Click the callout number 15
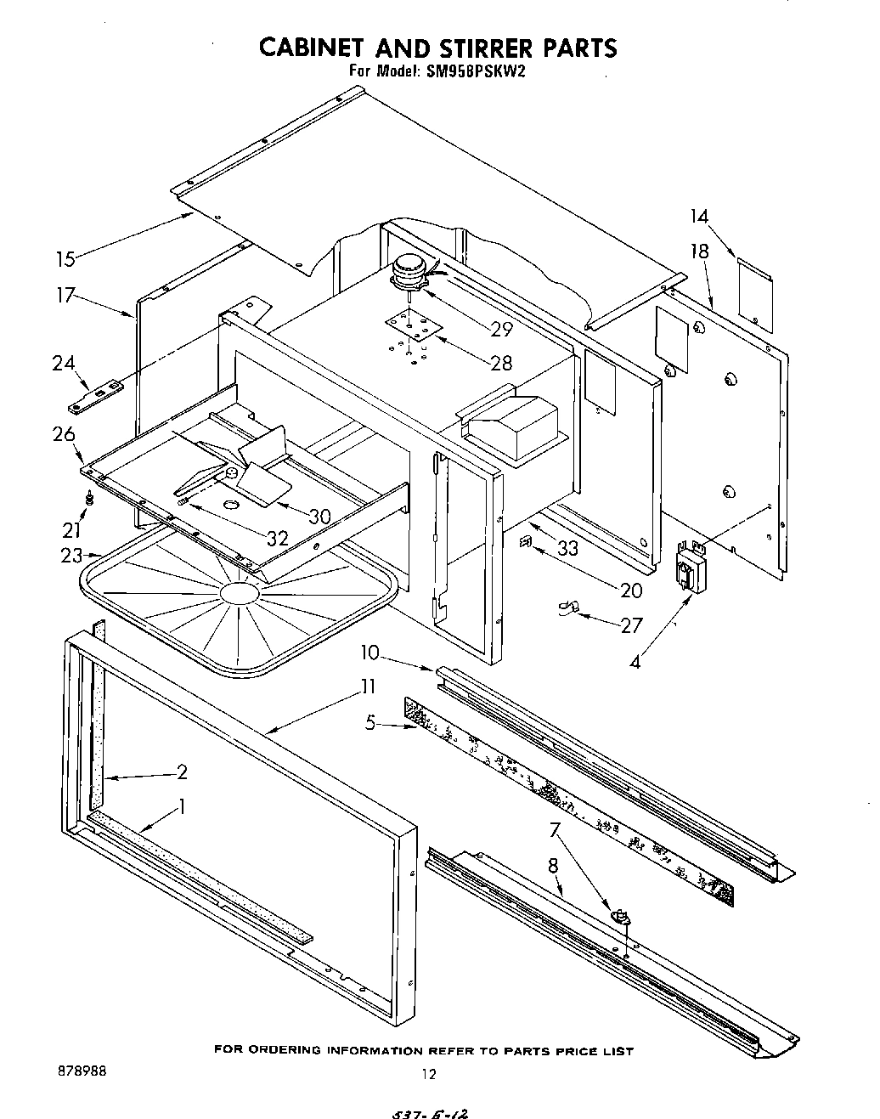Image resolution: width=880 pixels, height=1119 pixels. (65, 257)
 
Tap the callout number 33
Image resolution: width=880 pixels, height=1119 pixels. (567, 549)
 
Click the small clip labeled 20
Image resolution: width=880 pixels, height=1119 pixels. (526, 540)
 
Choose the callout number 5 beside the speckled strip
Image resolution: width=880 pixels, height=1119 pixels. (371, 724)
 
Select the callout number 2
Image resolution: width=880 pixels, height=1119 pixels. (181, 772)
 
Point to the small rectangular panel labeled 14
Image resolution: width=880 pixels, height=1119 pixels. (753, 293)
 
